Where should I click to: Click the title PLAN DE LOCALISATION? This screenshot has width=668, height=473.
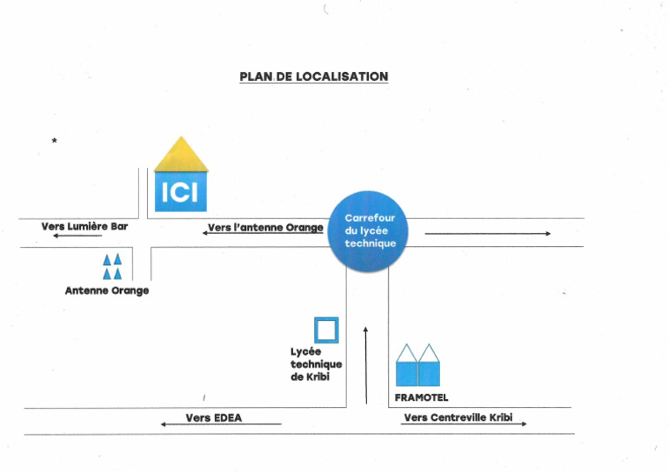(313, 77)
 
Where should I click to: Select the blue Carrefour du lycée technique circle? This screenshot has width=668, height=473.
(370, 230)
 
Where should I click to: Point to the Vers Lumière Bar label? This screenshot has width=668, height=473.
(84, 226)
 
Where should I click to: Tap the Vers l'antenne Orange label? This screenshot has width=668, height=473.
(265, 228)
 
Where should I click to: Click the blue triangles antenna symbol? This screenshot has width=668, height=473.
(112, 266)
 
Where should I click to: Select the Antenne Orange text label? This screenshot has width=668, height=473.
(107, 290)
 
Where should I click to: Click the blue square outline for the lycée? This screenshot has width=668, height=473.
(326, 330)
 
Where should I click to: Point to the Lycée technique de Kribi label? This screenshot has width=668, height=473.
(316, 363)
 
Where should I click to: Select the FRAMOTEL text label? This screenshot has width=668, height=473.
(421, 398)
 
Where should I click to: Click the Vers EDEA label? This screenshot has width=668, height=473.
(214, 418)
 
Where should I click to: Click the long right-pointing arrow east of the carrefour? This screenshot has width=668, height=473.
(487, 234)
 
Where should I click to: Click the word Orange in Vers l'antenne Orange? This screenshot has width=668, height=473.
(304, 228)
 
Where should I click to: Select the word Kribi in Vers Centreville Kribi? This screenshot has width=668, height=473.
(501, 418)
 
